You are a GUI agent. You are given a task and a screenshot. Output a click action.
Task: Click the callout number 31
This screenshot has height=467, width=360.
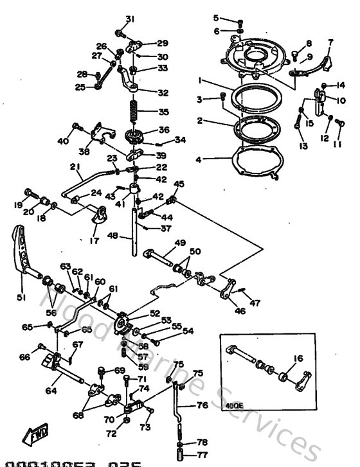130,18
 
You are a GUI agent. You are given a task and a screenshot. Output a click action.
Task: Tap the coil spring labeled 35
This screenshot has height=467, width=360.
134,110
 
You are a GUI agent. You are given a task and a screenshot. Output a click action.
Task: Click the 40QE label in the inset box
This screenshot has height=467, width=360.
233,406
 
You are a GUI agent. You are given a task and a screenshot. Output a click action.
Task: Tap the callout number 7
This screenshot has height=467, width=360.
330,42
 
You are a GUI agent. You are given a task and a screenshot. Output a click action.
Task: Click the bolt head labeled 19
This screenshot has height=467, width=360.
29,191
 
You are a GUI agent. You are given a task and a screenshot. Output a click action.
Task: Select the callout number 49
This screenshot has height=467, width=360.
180,243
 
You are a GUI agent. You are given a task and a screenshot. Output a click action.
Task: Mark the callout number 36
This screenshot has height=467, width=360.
164,129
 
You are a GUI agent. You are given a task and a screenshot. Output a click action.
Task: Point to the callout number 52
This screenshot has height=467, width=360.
155,313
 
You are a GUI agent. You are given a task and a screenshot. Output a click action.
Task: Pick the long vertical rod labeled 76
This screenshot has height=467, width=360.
177,418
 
